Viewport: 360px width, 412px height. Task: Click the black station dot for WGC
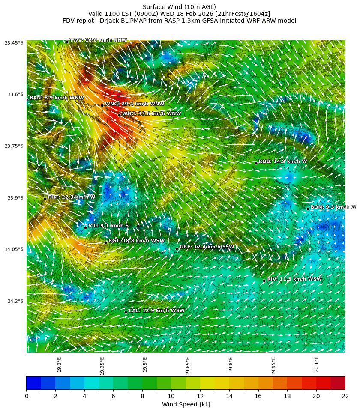[x=119, y=115]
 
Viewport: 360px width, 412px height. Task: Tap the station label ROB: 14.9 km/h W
[x=283, y=161]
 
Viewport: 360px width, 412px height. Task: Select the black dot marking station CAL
[x=126, y=312]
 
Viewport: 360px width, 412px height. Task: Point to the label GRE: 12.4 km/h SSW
[x=207, y=247]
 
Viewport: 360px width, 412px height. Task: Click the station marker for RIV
[x=264, y=281]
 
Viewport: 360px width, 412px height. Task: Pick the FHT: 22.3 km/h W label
[x=72, y=197]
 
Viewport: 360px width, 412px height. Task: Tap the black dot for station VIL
[x=85, y=227]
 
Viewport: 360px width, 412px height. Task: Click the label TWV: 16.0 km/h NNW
[x=98, y=40]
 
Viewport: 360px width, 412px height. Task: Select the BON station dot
[x=308, y=209]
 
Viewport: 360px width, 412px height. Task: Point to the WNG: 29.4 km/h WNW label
[x=135, y=104]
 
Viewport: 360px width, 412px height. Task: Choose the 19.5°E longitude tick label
[x=145, y=364]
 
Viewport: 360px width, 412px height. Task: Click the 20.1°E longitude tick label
[x=316, y=364]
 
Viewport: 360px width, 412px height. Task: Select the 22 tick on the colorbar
[x=345, y=396]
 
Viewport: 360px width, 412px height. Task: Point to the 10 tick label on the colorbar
[x=171, y=396]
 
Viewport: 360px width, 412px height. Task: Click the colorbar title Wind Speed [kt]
[x=186, y=404]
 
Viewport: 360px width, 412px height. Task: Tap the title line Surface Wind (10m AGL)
[x=179, y=7]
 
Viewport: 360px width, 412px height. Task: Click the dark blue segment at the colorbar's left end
[x=33, y=383]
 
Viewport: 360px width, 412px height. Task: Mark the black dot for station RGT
[x=105, y=242]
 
